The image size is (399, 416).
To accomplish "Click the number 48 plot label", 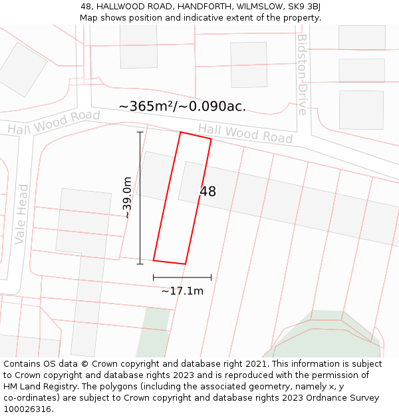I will pos(207,192).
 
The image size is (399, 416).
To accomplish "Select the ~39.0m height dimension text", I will pos(126,197).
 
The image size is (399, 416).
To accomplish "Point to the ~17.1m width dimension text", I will pos(182,291).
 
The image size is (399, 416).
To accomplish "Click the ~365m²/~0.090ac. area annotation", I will pos(182,106).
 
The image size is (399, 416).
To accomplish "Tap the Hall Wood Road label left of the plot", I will pos(54,122).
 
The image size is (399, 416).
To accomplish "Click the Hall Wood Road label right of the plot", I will pos(245,133).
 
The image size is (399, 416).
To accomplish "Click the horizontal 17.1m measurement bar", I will pos(182,277).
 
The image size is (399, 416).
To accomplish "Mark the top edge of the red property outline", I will pos(196,135).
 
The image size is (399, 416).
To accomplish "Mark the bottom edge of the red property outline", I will pos(169,262).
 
